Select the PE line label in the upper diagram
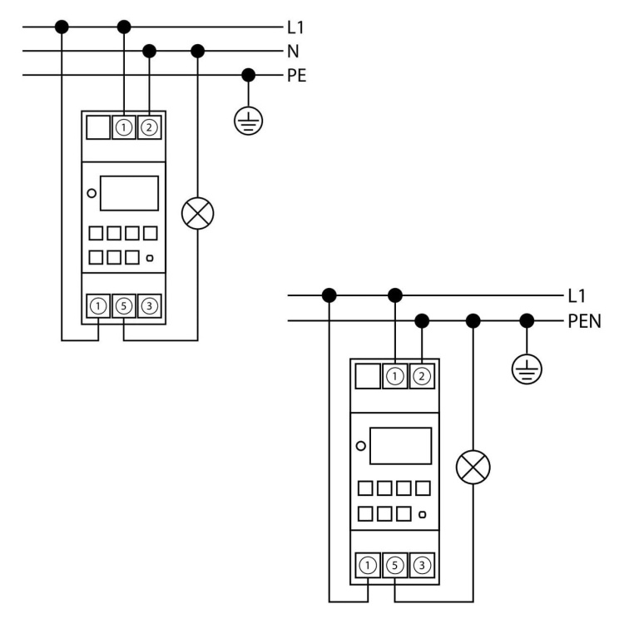296,75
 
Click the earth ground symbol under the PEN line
526,367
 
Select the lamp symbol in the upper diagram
197,214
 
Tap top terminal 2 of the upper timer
149,127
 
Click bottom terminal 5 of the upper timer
124,306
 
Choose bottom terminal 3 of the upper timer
149,306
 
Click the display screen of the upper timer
129,193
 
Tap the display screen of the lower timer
401,446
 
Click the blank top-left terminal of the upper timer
99,127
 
